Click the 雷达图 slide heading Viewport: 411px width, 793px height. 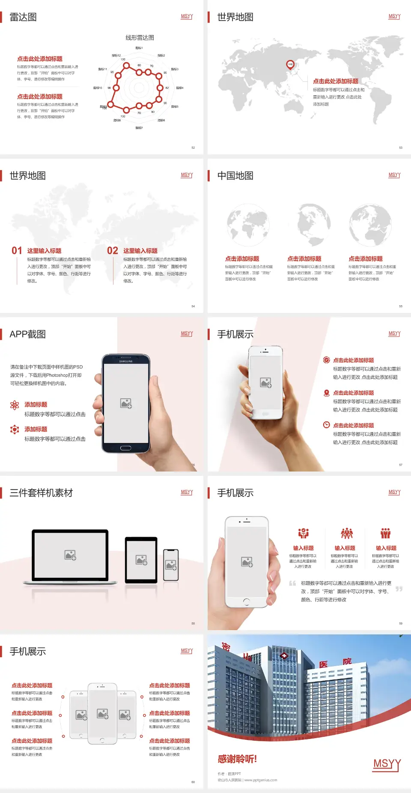pos(23,17)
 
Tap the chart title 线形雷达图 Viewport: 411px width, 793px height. pos(140,38)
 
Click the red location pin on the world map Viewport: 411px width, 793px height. pos(290,65)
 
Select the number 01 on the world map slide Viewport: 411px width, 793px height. pos(17,251)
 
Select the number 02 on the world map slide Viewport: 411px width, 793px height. pos(113,251)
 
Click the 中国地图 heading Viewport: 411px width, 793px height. pos(235,176)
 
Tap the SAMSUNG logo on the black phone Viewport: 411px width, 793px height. pos(126,361)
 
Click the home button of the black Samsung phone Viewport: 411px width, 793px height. pos(125,448)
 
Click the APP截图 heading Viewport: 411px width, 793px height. pos(27,334)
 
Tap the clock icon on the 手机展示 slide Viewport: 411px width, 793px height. pos(326,425)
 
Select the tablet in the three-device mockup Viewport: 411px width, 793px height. pos(141,559)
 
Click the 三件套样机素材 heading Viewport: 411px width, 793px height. pos(41,493)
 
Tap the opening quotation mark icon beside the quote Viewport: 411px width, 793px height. pos(292,583)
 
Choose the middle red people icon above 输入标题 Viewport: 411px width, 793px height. pos(346,533)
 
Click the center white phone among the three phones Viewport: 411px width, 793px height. pos(102,714)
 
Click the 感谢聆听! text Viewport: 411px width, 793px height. pos(237,759)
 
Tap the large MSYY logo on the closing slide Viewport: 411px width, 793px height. pos(387,764)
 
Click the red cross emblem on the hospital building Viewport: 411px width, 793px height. pos(284,656)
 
